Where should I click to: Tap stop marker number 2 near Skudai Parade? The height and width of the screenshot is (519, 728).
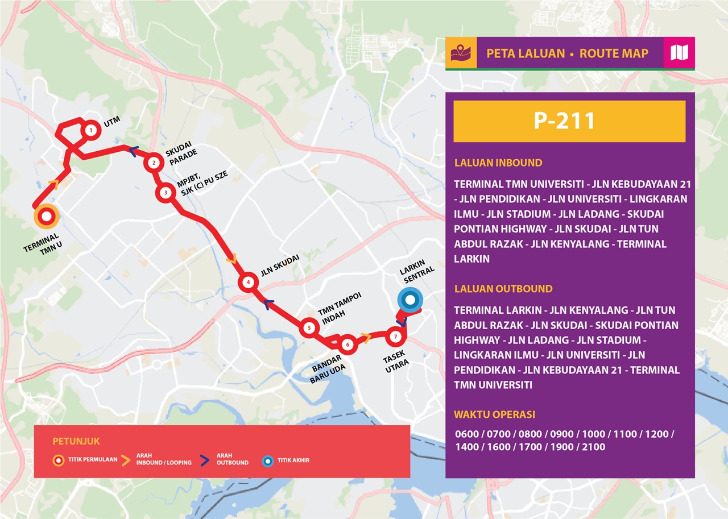pos(153,163)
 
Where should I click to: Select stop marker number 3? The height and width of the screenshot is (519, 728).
pos(166,193)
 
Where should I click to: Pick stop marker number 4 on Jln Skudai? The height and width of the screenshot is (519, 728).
pos(248,282)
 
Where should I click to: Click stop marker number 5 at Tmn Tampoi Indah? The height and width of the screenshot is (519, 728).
pos(309,327)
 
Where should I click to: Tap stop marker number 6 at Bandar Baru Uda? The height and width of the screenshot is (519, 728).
pos(348,344)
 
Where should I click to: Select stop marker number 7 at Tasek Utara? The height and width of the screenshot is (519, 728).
pos(395,337)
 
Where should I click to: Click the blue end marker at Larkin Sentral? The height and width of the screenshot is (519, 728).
pos(409,300)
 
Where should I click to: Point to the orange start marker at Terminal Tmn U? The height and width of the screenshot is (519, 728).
pos(46,216)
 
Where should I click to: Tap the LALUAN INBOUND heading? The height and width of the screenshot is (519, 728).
pos(498,163)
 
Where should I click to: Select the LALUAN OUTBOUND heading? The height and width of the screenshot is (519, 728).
pos(503,289)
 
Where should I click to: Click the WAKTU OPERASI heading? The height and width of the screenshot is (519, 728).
pos(494,414)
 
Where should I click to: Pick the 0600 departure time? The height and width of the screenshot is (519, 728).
pos(466,434)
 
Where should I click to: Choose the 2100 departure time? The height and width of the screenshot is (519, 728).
pos(594,447)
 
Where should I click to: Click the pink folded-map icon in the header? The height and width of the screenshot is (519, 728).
pos(679,53)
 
